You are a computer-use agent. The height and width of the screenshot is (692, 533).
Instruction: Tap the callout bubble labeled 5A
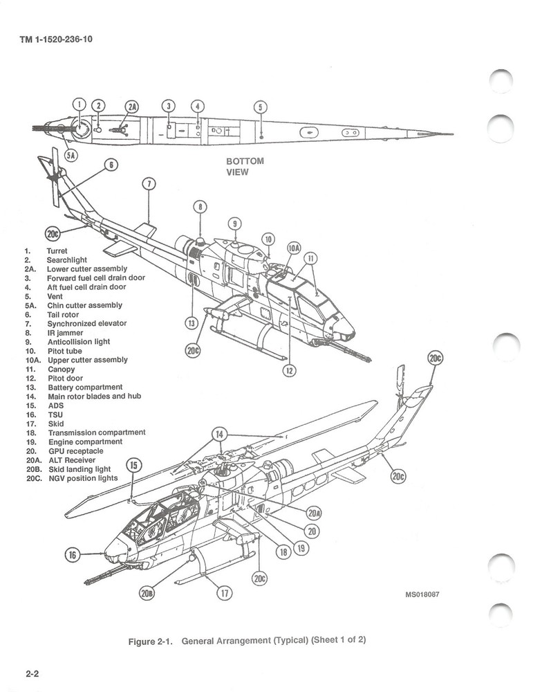point(70,155)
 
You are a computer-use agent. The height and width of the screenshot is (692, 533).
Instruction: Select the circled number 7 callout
point(149,183)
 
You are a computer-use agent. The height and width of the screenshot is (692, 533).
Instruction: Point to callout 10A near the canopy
point(294,248)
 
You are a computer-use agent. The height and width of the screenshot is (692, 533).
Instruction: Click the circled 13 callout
point(191,322)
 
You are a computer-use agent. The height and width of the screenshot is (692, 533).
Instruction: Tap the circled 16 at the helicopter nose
point(73,554)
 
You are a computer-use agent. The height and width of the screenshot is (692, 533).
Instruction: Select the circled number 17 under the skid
point(225,592)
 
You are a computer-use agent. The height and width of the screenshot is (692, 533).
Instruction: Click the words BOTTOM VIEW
point(245,167)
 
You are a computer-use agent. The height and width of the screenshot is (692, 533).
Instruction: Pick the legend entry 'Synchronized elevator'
point(86,323)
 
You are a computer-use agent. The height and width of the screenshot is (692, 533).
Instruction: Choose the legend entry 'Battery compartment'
point(84,387)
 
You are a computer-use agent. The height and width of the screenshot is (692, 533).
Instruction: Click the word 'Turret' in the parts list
point(57,251)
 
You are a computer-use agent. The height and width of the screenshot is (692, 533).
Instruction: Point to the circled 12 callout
point(290,371)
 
